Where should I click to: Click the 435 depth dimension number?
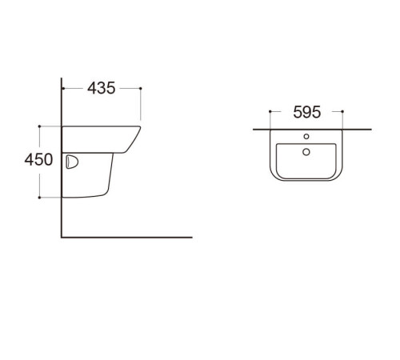pyautogui.click(x=101, y=88)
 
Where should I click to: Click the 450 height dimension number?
pyautogui.click(x=38, y=160)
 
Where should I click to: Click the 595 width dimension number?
pyautogui.click(x=306, y=112)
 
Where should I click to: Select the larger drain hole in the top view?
pyautogui.click(x=306, y=152)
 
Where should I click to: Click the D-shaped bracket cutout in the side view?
pyautogui.click(x=70, y=162)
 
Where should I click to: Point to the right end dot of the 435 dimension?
pyautogui.click(x=141, y=88)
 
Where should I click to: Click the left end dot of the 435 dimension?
pyautogui.click(x=62, y=88)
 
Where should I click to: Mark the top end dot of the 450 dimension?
pyautogui.click(x=38, y=126)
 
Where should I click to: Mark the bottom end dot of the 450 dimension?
pyautogui.click(x=38, y=197)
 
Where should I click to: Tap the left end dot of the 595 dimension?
pyautogui.click(x=270, y=112)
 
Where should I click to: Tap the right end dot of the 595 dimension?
pyautogui.click(x=342, y=112)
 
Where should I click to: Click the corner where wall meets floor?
pyautogui.click(x=62, y=237)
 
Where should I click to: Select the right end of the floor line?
pyautogui.click(x=192, y=237)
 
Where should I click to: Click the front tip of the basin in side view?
pyautogui.click(x=141, y=126)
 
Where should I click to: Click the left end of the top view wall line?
pyautogui.click(x=253, y=128)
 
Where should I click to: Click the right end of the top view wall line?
pyautogui.click(x=370, y=128)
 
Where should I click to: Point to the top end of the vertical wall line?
pyautogui.click(x=62, y=78)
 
